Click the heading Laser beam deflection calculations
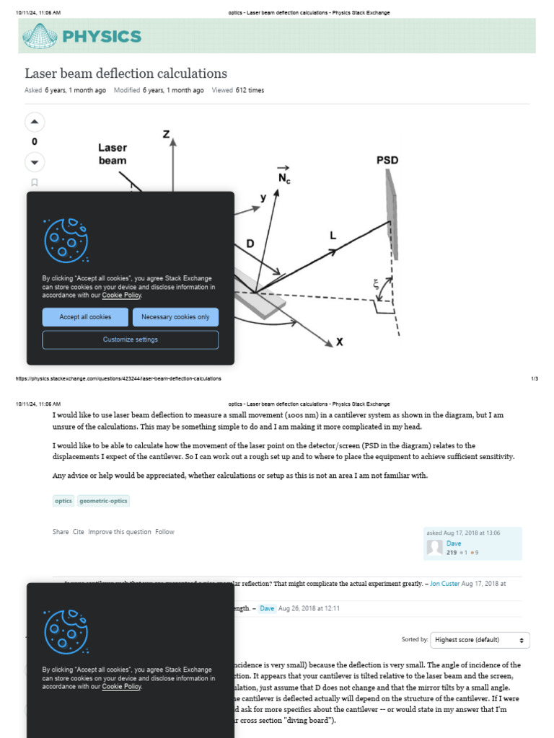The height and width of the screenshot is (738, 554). (x=126, y=74)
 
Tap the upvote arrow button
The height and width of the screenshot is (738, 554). (x=34, y=122)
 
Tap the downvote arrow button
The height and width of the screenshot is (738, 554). (x=34, y=161)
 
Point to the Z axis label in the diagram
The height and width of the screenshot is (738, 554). (x=166, y=134)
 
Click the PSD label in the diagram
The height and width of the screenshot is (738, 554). (x=387, y=160)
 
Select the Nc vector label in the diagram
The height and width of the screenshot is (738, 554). (x=283, y=175)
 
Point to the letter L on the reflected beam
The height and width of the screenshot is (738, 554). (x=333, y=235)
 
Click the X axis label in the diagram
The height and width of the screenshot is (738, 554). (x=339, y=342)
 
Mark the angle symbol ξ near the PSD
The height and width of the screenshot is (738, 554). (x=375, y=285)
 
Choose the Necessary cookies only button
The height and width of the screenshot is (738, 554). (x=175, y=317)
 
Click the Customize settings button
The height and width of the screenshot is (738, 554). (x=130, y=339)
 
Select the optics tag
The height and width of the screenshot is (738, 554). (x=63, y=501)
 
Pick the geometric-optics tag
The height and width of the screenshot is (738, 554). (x=102, y=501)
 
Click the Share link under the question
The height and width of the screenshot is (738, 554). (x=61, y=532)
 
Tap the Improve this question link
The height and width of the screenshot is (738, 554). (x=120, y=532)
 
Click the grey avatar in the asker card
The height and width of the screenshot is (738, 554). (x=434, y=547)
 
